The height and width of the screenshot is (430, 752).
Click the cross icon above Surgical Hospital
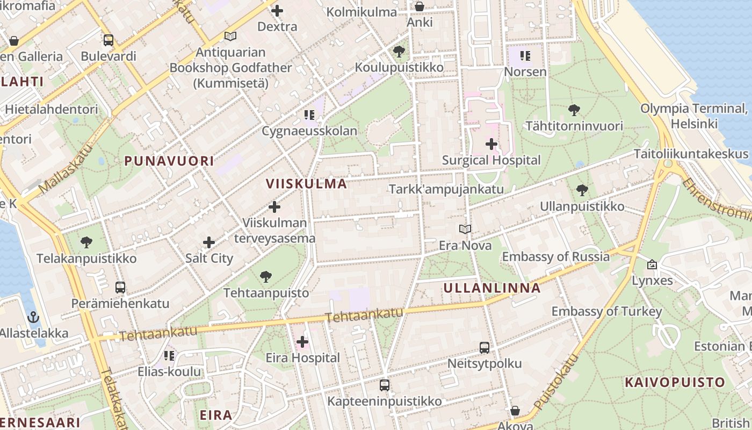(x=491, y=144)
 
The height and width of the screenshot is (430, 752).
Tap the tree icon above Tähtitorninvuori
(x=574, y=111)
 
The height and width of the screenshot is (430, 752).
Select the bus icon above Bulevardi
(x=109, y=40)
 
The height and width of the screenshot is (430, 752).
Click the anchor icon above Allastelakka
(x=33, y=317)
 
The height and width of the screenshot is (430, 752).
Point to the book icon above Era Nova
(x=465, y=230)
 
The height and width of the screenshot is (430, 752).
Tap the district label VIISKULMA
(x=306, y=184)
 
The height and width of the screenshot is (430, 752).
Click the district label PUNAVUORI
(x=169, y=161)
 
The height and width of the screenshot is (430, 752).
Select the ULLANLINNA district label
(x=491, y=288)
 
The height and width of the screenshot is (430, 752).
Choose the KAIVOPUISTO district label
(x=675, y=383)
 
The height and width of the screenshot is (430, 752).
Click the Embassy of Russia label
(x=556, y=257)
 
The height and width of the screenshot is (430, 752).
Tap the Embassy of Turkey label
(x=606, y=312)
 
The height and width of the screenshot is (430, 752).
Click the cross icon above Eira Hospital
(x=302, y=342)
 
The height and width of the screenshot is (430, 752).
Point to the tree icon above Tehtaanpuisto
(x=265, y=277)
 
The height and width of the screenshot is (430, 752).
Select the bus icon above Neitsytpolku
(x=485, y=348)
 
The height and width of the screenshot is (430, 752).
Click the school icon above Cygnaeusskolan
(x=309, y=114)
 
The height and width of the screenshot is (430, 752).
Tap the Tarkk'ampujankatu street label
(x=446, y=189)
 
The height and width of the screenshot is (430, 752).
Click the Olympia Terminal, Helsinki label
(x=693, y=116)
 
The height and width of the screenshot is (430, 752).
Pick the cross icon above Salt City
(x=209, y=242)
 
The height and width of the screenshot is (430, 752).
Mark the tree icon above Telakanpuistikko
(x=86, y=242)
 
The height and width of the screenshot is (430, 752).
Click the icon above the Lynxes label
(x=652, y=264)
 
